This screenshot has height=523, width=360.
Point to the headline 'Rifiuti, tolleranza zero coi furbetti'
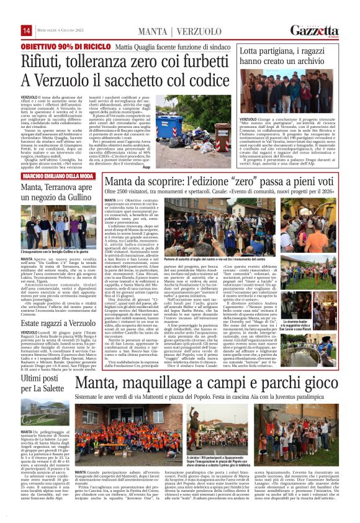[x=118, y=61]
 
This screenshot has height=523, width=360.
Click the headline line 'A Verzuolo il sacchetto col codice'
[x=118, y=81]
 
